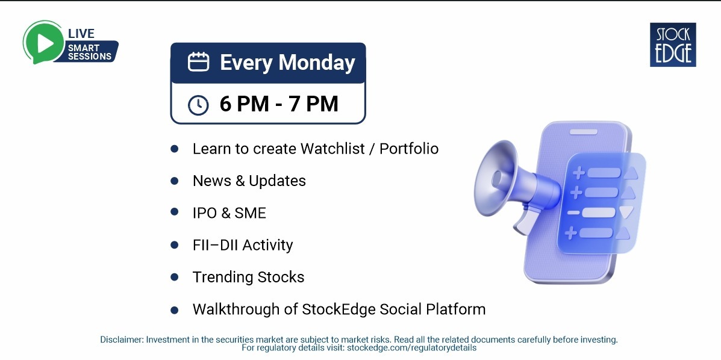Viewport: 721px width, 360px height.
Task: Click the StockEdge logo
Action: point(673,45)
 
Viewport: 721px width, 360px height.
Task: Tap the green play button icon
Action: point(42,42)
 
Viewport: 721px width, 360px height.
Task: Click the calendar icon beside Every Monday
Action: point(198,62)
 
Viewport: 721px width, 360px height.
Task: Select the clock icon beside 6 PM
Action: point(198,105)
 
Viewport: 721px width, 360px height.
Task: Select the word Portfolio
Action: point(409,149)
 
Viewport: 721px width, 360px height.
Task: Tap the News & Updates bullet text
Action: point(249,181)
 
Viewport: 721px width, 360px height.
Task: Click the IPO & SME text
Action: point(229,213)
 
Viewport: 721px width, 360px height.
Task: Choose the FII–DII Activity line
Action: point(243,245)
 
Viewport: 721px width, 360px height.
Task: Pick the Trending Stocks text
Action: point(248,277)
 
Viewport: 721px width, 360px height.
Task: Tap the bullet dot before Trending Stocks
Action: point(175,277)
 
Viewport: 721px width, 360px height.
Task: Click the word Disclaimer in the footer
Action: point(122,340)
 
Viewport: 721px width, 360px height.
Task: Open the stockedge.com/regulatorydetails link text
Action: point(411,348)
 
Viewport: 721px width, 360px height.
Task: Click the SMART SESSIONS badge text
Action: point(89,52)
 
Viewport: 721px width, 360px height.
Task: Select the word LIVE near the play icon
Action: point(81,34)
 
